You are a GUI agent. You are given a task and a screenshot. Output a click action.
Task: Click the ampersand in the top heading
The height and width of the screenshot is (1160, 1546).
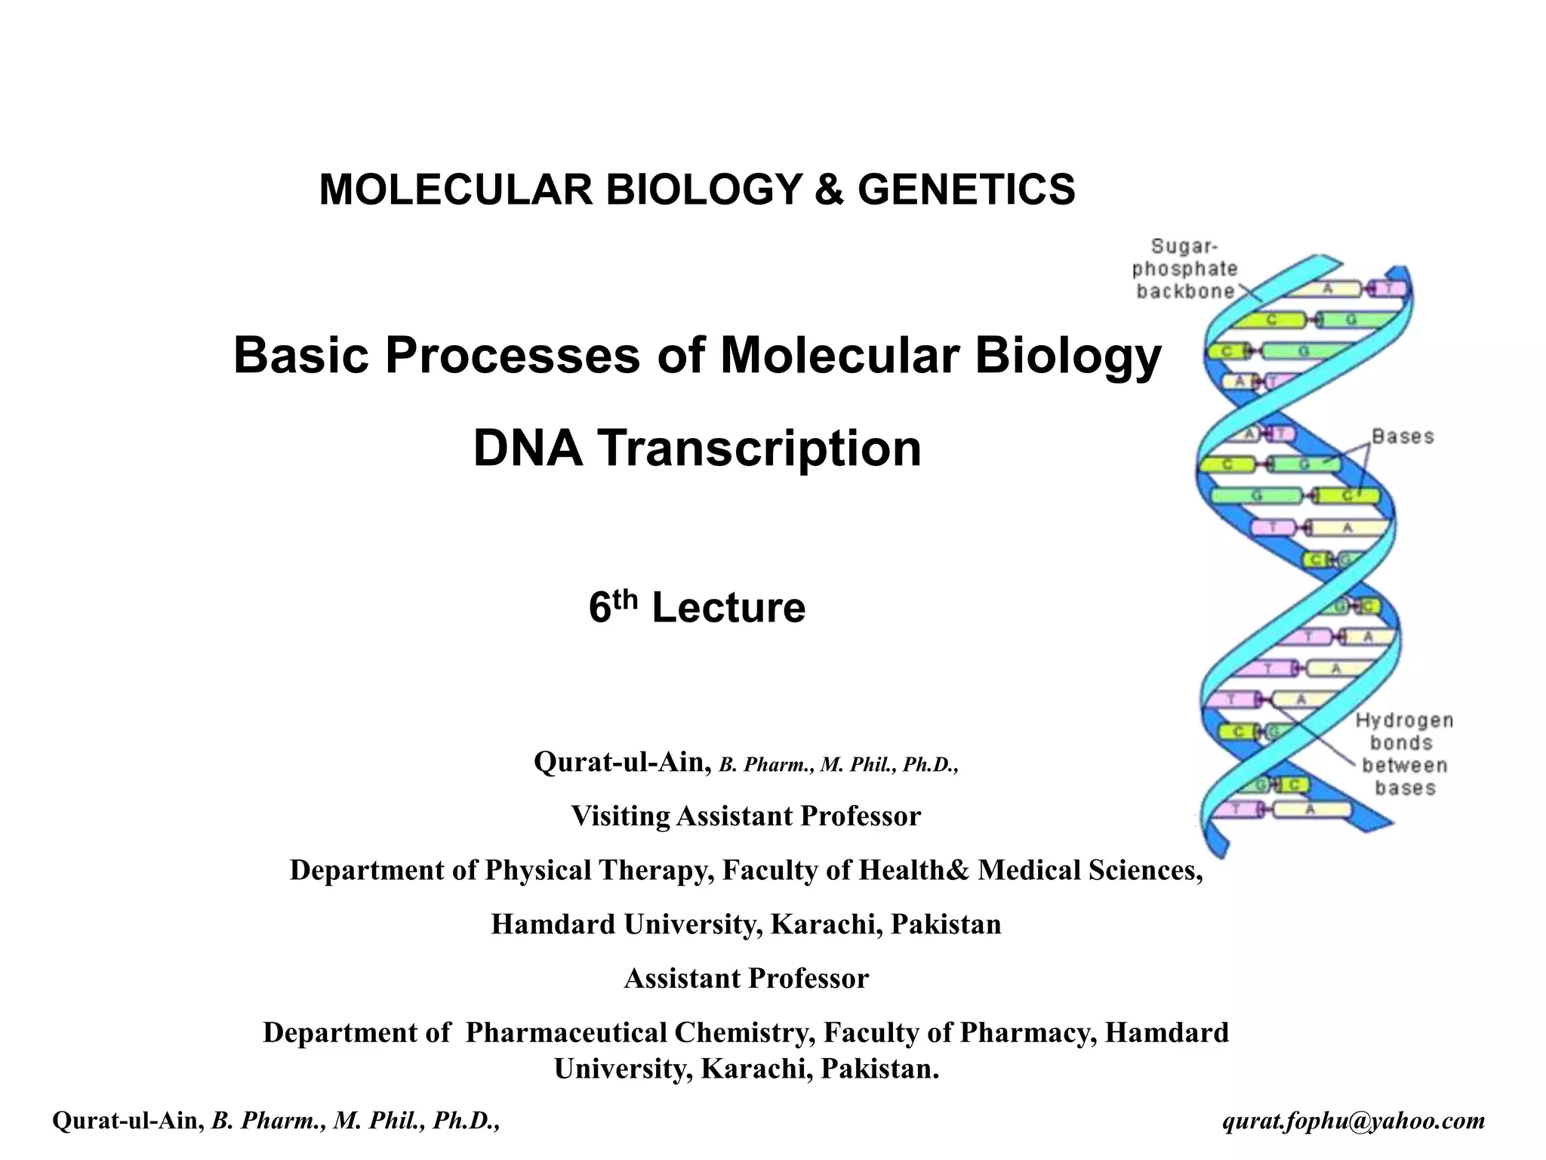point(829,190)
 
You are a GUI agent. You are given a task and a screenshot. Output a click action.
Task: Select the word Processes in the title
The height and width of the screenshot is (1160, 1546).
point(513,355)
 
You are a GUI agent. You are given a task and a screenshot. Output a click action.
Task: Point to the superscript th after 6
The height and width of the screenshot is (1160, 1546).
point(625,599)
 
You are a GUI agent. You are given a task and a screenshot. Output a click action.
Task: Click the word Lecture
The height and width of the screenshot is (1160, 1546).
point(728,608)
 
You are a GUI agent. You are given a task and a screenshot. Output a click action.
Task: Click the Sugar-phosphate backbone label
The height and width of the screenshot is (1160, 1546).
point(1184,269)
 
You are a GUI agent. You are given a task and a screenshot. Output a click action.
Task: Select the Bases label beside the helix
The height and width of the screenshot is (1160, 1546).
point(1403,437)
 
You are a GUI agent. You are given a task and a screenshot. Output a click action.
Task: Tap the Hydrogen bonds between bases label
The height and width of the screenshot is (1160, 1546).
point(1404,754)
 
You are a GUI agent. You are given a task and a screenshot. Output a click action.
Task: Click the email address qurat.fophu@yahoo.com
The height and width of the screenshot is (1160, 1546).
point(1354,1120)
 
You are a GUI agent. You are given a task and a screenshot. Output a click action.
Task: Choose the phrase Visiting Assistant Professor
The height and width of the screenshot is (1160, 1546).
point(746,816)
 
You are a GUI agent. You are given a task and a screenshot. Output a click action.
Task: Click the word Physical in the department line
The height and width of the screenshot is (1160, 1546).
point(537,871)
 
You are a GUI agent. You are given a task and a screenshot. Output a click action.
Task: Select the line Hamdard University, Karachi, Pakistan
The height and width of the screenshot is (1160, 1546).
point(746,924)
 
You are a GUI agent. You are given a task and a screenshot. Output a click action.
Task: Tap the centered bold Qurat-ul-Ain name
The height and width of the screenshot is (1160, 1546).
point(622,763)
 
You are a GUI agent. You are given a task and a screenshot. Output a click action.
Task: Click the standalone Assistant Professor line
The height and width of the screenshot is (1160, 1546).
point(746,979)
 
